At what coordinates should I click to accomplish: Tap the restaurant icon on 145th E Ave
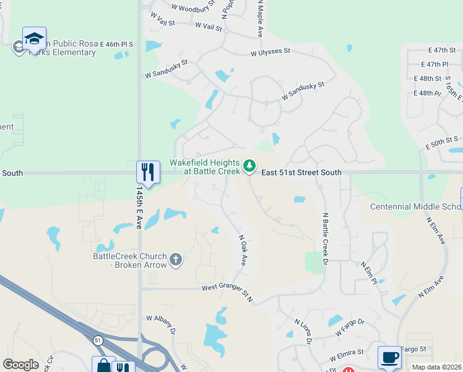(x=147, y=170)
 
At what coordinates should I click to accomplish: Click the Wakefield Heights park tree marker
(x=249, y=166)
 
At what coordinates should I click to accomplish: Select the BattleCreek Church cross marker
(x=176, y=259)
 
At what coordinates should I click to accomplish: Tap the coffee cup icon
(x=389, y=356)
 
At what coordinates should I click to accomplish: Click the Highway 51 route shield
(x=98, y=340)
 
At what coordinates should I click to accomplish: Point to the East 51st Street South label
(x=301, y=172)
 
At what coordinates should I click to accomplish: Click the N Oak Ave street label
(x=243, y=249)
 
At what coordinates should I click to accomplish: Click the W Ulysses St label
(x=270, y=54)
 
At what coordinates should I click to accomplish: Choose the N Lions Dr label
(x=303, y=332)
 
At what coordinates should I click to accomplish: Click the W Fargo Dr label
(x=350, y=327)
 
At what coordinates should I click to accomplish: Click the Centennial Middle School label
(x=415, y=206)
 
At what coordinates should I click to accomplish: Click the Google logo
(x=20, y=365)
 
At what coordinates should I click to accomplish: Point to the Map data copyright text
(x=436, y=367)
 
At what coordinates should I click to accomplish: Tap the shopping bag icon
(x=103, y=365)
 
